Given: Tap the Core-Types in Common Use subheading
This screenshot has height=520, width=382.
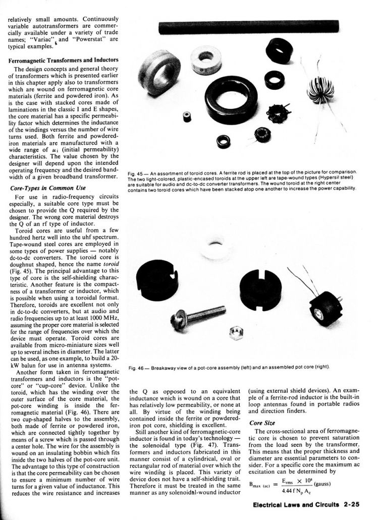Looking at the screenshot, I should pos(48,188).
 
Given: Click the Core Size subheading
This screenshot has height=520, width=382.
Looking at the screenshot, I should pos(262,423).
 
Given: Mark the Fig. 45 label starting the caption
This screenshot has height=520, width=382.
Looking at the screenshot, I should pos(136,172).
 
